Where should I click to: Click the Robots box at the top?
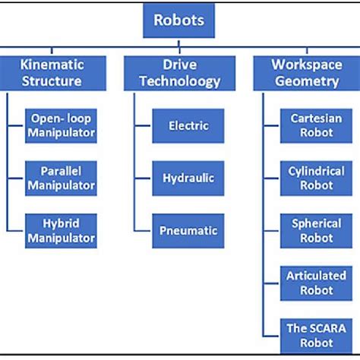click(178, 21)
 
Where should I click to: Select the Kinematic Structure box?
click(53, 73)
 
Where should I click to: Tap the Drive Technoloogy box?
click(179, 73)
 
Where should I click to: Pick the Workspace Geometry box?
click(307, 73)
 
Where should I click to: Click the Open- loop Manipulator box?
click(61, 126)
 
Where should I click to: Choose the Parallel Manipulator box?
click(61, 178)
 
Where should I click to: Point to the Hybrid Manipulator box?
click(61, 231)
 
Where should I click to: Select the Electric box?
click(188, 126)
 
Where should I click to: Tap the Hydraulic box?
click(188, 178)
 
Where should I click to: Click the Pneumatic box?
click(188, 231)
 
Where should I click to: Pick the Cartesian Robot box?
click(316, 126)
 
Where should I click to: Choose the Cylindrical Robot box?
click(316, 178)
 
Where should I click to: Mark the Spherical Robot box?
click(316, 231)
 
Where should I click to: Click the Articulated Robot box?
click(316, 283)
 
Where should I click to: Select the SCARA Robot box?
click(316, 336)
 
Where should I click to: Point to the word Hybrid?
click(61, 224)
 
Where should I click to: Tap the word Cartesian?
click(316, 118)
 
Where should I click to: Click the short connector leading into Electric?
click(143, 125)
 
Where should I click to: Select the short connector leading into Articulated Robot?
click(271, 283)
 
